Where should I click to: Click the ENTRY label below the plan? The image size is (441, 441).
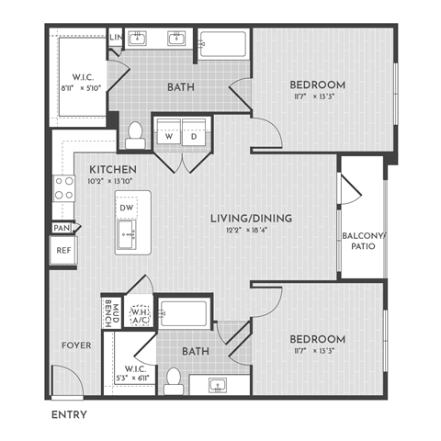[70, 415]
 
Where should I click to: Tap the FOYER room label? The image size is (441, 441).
[75, 346]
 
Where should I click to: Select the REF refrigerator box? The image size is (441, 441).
[63, 250]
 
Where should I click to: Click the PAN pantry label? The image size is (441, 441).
[62, 227]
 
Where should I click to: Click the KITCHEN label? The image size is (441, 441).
[113, 170]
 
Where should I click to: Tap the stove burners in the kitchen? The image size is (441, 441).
[64, 188]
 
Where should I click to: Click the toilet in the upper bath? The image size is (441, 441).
[134, 135]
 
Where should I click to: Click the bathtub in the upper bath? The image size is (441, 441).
[222, 47]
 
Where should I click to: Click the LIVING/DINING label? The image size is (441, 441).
[250, 218]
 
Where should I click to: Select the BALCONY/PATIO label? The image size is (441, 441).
[363, 241]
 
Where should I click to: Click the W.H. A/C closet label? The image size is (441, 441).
[141, 315]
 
